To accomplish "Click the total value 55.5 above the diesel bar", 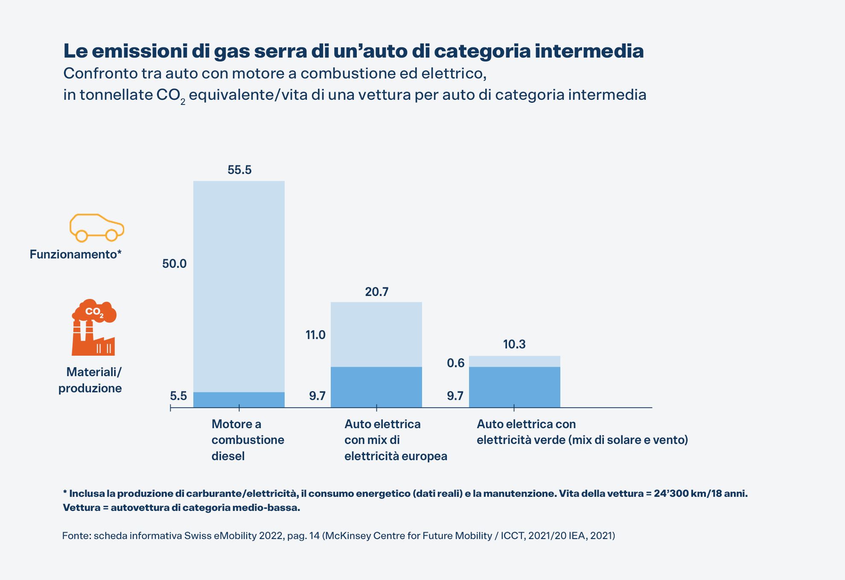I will click(239, 170).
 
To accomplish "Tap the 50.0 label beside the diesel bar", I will click(174, 264).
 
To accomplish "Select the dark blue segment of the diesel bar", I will click(239, 400).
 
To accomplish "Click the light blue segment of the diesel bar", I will click(239, 286).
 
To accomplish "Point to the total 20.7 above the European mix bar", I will click(376, 292).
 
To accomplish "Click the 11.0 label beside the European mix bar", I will click(315, 335).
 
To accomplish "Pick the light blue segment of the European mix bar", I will click(376, 334).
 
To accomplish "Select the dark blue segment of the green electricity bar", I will click(514, 387).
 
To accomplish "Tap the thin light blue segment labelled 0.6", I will click(514, 361).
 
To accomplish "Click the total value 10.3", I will click(514, 344).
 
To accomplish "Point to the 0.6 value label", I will click(455, 363).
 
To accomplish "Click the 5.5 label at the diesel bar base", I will click(178, 396).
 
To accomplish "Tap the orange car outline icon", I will click(97, 228).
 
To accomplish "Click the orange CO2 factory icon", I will click(94, 328).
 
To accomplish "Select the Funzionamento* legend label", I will click(76, 254).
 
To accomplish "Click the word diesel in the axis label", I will click(228, 456).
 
